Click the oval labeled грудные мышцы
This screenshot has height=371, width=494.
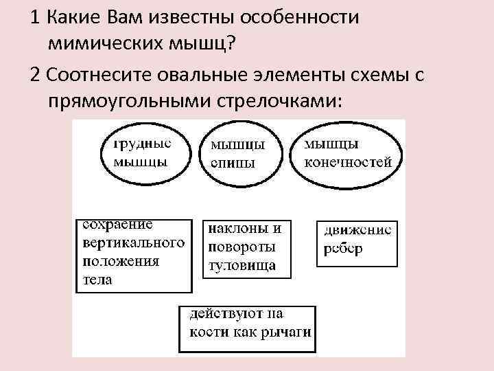142,155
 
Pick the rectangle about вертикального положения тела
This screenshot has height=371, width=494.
134,254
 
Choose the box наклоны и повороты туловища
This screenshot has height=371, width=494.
246,247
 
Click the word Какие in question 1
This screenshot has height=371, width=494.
69,17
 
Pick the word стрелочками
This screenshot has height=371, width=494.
279,102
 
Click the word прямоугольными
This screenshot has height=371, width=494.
130,102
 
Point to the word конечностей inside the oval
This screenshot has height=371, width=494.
348,162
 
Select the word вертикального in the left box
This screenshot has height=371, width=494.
134,243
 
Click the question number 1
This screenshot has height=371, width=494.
34,17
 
